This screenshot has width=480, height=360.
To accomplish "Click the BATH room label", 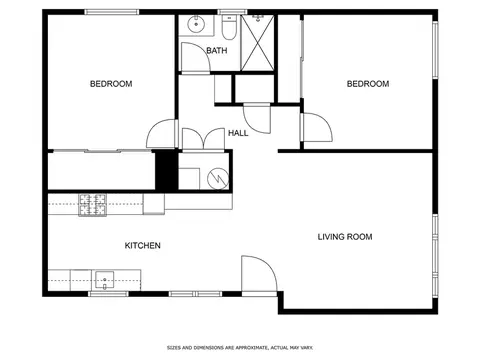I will pyautogui.click(x=215, y=50).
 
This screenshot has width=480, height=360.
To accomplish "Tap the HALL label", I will pyautogui.click(x=238, y=133).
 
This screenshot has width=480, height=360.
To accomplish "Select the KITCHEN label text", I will pyautogui.click(x=142, y=245).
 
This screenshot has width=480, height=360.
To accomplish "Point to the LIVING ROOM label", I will pyautogui.click(x=345, y=237).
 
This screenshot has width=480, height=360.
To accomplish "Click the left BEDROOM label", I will pyautogui.click(x=111, y=84).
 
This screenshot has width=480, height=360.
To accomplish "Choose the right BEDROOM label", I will pyautogui.click(x=367, y=84).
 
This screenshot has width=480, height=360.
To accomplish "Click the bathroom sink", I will pyautogui.click(x=195, y=22).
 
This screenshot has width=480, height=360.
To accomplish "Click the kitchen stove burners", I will pyautogui.click(x=93, y=204).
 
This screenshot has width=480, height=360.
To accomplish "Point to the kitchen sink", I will pyautogui.click(x=105, y=277).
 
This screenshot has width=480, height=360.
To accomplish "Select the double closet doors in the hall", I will pyautogui.click(x=203, y=139).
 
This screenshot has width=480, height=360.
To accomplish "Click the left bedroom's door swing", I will pyautogui.click(x=160, y=135).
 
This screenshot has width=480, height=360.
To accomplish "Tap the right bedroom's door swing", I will pyautogui.click(x=314, y=127).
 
